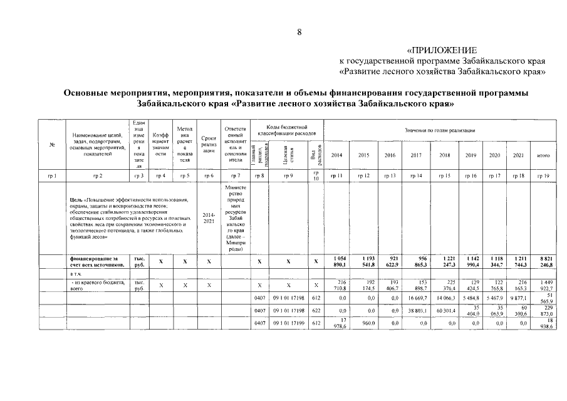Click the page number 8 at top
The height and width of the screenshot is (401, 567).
(299, 33)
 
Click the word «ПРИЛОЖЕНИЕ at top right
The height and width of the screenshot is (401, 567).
(442, 50)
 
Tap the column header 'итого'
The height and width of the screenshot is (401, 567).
(543, 155)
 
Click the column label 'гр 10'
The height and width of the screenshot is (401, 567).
(316, 175)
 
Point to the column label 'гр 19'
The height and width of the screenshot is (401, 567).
(543, 176)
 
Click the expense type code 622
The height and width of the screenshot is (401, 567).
(316, 310)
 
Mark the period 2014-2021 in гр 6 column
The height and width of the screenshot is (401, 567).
(209, 217)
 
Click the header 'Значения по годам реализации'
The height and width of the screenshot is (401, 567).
(440, 130)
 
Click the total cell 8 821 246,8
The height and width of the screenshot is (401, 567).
(543, 262)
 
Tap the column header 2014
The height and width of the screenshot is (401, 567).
(337, 155)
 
